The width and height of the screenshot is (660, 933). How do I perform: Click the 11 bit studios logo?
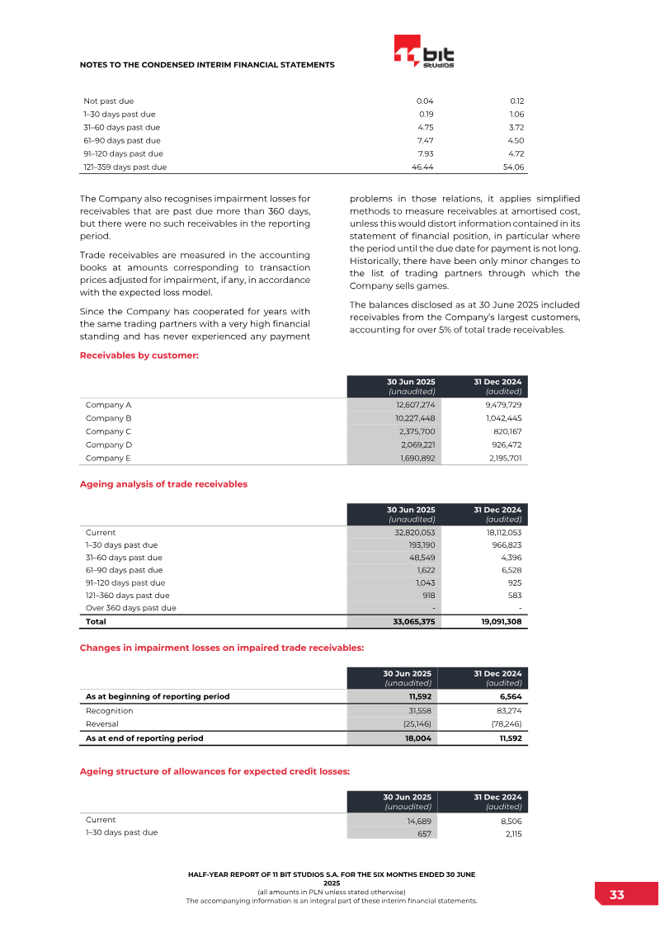[x=424, y=52]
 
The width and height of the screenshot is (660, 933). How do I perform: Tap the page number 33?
[x=616, y=895]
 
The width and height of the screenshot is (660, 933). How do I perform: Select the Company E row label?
[x=108, y=458]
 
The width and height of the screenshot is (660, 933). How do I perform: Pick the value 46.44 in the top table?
[x=422, y=167]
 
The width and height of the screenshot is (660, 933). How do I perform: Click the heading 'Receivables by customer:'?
[x=139, y=356]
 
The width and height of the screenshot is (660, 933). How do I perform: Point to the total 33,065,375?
[x=410, y=622]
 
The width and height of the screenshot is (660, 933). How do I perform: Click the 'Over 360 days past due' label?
[x=130, y=608]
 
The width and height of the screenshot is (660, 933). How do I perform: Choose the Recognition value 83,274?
[x=504, y=710]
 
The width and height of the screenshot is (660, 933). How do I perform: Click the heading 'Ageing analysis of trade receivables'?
[x=163, y=484]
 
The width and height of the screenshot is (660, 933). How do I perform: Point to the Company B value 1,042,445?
[x=502, y=418]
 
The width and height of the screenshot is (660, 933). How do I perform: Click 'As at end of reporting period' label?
[x=144, y=738]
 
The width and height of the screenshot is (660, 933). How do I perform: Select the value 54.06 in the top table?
[x=513, y=167]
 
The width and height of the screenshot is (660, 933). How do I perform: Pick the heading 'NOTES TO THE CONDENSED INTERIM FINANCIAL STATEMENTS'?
[x=206, y=64]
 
